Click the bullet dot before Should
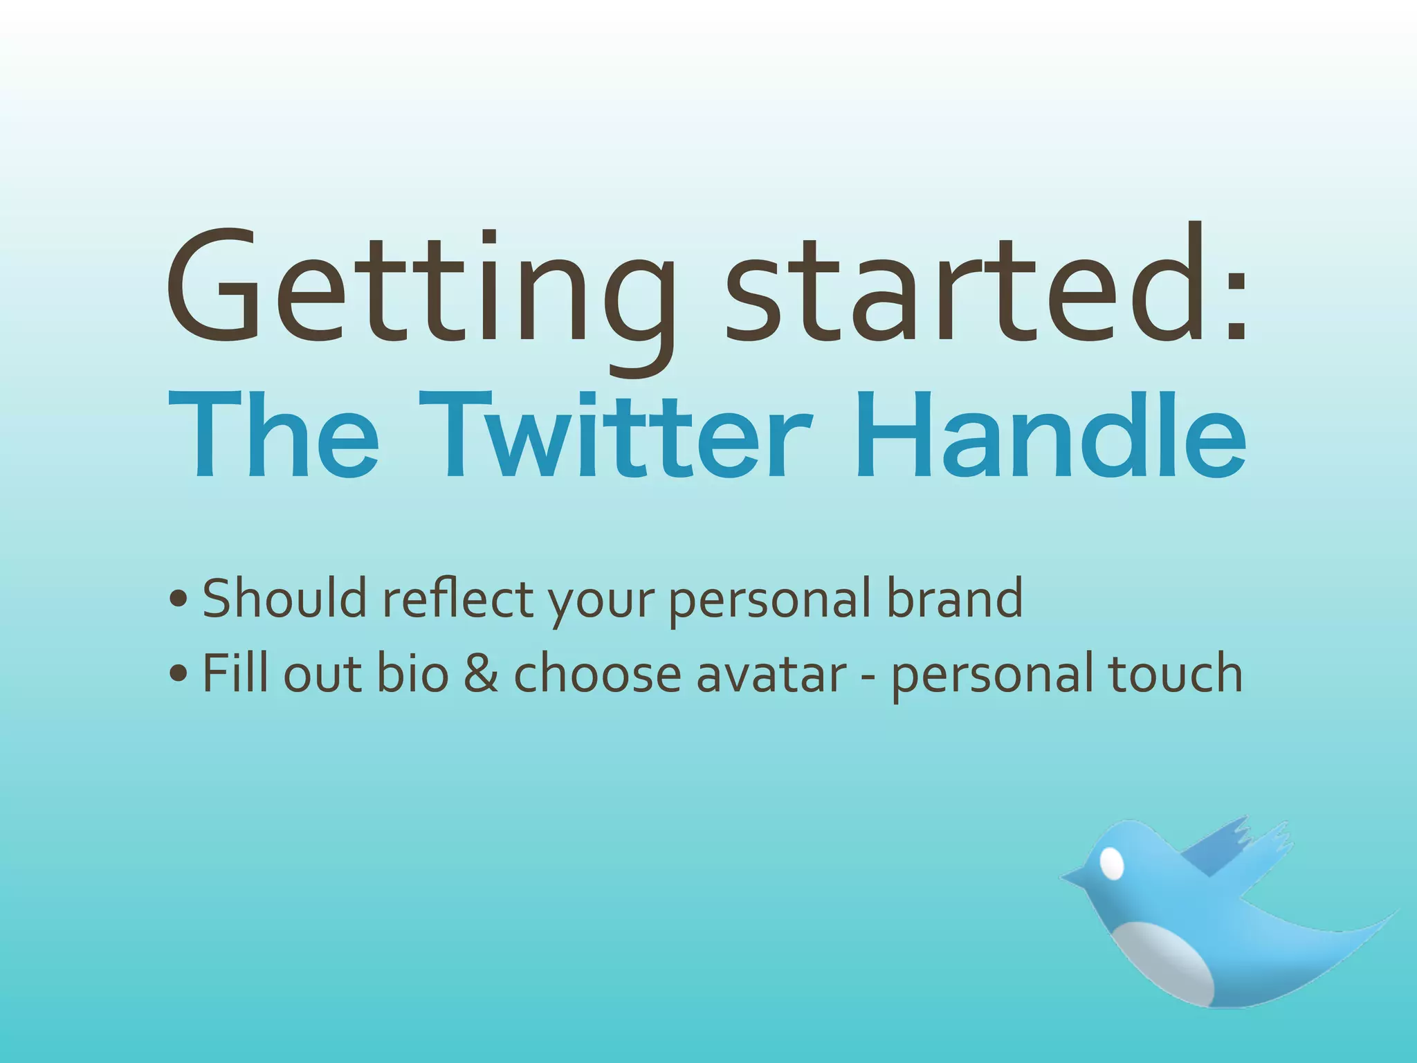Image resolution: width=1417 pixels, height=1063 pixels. [178, 599]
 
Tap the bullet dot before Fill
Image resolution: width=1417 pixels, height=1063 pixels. [178, 673]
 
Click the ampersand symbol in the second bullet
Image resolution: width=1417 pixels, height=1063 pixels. [481, 673]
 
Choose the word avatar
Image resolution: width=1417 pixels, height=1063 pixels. [771, 673]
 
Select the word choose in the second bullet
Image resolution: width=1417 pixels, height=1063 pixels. [598, 673]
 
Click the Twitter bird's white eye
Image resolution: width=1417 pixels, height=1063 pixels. [1111, 863]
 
